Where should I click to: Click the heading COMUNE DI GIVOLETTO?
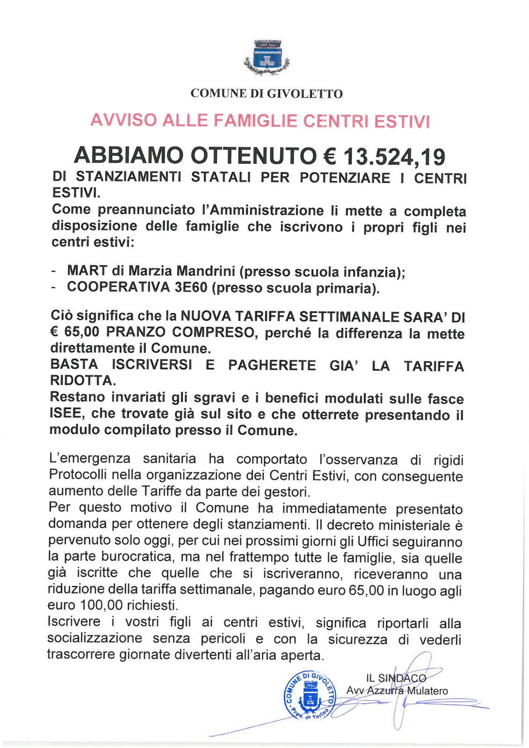click(x=266, y=93)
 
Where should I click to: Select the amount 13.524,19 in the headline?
click(x=394, y=157)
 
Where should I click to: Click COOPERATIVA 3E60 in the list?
click(x=137, y=287)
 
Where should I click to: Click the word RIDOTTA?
click(x=81, y=381)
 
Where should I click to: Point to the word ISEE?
click(x=65, y=414)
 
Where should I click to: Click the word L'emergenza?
click(x=89, y=459)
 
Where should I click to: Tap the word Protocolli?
click(x=79, y=475)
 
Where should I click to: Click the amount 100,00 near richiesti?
click(x=101, y=605)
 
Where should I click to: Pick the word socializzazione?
click(x=94, y=638)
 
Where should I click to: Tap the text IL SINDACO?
click(x=396, y=678)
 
